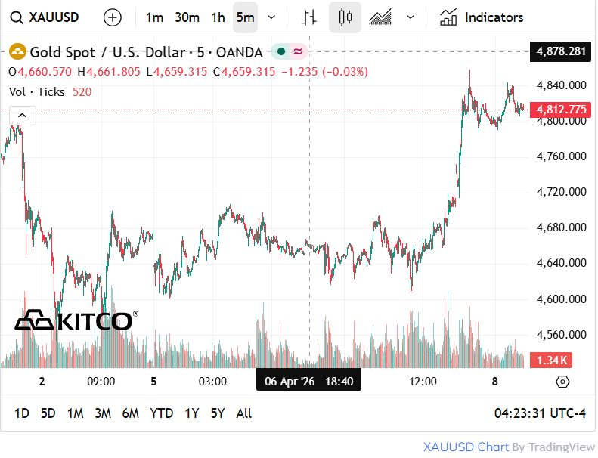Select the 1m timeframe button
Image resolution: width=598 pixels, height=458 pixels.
pos(154,17)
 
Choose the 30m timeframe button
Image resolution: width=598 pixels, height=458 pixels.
pos(187,17)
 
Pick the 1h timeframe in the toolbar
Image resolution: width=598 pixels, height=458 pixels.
pos(218,17)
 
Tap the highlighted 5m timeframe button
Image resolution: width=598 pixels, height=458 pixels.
pos(245,17)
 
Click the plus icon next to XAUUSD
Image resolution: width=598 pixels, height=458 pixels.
pos(112,17)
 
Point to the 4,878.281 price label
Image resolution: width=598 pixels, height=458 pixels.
pos(560,51)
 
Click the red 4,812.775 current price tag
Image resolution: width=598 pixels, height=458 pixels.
pos(560,110)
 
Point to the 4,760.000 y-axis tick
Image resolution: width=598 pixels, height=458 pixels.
pos(560,156)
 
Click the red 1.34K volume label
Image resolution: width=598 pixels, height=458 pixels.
pos(553,360)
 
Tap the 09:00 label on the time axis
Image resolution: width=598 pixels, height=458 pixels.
pos(101,382)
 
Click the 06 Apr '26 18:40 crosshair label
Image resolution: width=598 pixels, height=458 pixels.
pos(308,382)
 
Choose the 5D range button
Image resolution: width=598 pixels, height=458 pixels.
pos(48,413)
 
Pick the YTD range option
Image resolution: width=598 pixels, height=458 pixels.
pos(162,413)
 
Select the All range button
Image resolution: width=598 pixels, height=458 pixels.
pos(244,413)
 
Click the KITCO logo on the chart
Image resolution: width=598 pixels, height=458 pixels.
pos(76,320)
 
